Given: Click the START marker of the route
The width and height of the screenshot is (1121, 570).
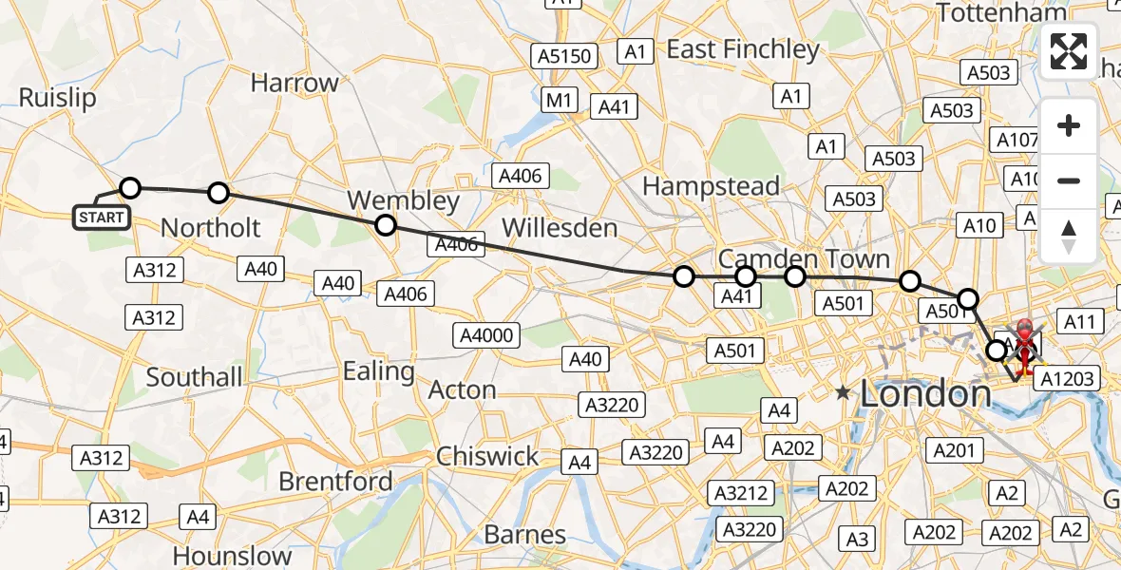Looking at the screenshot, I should pos(101,218).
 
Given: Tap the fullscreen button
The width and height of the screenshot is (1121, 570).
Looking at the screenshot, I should pos(1069,52).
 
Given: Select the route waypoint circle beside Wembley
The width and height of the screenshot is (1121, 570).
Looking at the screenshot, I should pos(385,225).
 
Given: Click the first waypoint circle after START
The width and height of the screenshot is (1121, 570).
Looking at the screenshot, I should pos(129,188).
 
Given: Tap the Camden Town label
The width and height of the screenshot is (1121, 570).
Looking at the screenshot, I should pos(804,258).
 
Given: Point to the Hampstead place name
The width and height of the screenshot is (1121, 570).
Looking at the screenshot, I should pos(711,186).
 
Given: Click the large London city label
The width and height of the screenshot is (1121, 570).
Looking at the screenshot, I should pos(924,393).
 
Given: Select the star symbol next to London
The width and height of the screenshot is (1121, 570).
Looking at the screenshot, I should pos(842,391).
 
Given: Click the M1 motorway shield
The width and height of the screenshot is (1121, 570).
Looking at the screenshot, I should pos(560,100).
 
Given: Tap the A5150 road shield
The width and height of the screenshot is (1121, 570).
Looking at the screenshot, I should pos(564,57).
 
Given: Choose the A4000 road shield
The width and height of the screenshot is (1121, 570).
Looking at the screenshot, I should pos(486,334).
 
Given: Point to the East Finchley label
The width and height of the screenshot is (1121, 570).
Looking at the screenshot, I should pos(742,49).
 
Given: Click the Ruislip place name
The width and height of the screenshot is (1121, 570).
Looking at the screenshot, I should pos(57,98).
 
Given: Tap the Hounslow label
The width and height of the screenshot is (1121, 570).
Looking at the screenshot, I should pos(233,556).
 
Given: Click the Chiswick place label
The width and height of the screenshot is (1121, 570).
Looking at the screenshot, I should pos(487,457).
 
